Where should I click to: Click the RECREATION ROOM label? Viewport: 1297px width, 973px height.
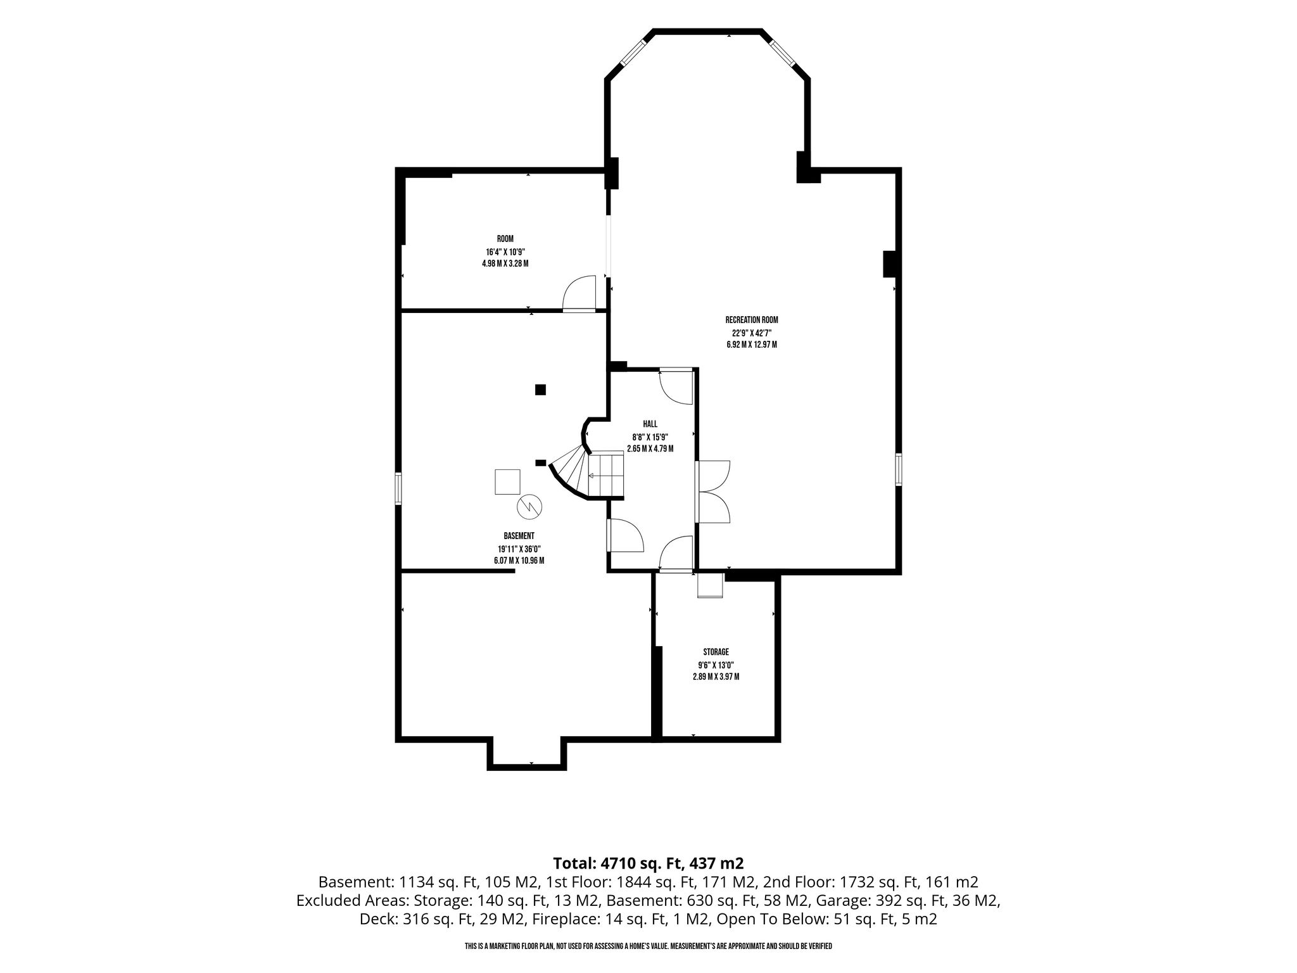(x=752, y=321)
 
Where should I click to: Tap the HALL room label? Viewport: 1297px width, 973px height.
(x=650, y=424)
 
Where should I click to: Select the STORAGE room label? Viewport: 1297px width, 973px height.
(x=716, y=652)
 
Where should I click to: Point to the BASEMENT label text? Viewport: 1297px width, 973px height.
(x=519, y=536)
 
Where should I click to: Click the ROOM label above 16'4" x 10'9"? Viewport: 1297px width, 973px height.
(x=505, y=239)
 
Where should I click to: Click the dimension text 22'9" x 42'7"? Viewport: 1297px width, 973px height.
(x=752, y=333)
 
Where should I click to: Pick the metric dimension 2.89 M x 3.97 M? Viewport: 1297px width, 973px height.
(x=716, y=677)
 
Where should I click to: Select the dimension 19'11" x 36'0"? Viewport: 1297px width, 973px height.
(x=519, y=549)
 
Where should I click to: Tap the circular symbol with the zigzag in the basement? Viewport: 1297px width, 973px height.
(x=530, y=506)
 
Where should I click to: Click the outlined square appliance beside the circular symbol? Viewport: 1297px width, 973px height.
(x=507, y=481)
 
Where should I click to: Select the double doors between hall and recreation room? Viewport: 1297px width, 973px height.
(x=713, y=492)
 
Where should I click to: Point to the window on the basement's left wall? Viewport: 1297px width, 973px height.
(x=398, y=488)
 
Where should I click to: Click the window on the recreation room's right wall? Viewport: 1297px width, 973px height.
(x=898, y=469)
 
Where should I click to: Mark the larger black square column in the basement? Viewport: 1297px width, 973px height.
(x=540, y=390)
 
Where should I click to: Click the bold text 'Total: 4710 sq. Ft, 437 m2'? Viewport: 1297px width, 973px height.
(x=648, y=863)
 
